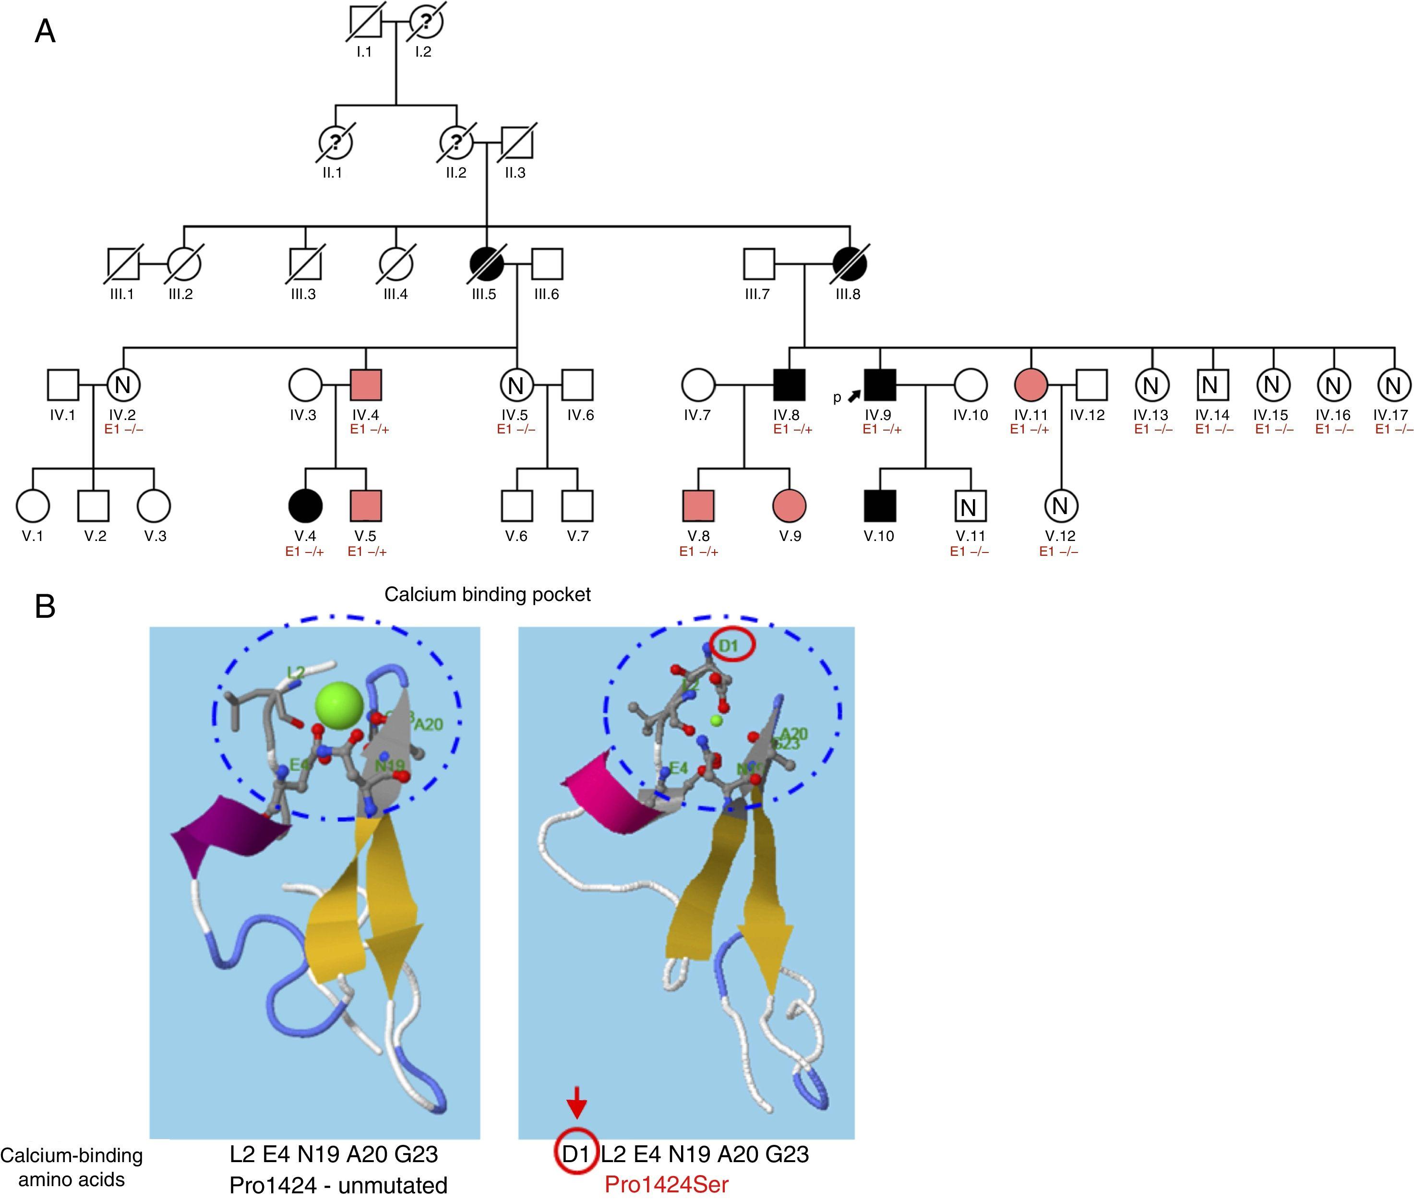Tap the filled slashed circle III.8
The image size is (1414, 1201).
(x=850, y=264)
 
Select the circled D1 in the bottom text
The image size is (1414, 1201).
(x=576, y=1153)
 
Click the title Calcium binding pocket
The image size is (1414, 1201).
(x=488, y=594)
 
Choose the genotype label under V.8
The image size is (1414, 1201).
(x=698, y=552)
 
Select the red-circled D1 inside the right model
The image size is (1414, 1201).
(x=729, y=645)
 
